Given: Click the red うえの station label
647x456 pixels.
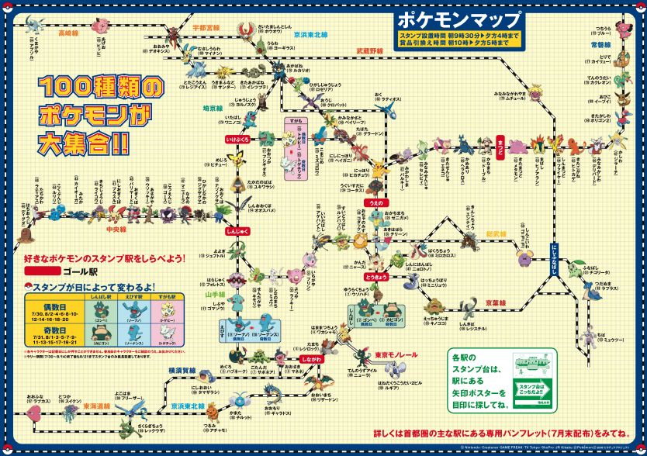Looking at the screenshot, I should (x=375, y=203).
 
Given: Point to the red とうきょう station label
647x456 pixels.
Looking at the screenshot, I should (x=375, y=277).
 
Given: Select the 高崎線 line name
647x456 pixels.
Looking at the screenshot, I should (x=69, y=33).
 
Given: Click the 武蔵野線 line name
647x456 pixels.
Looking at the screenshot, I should (x=369, y=50).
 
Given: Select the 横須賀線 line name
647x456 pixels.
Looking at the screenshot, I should (x=182, y=371).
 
